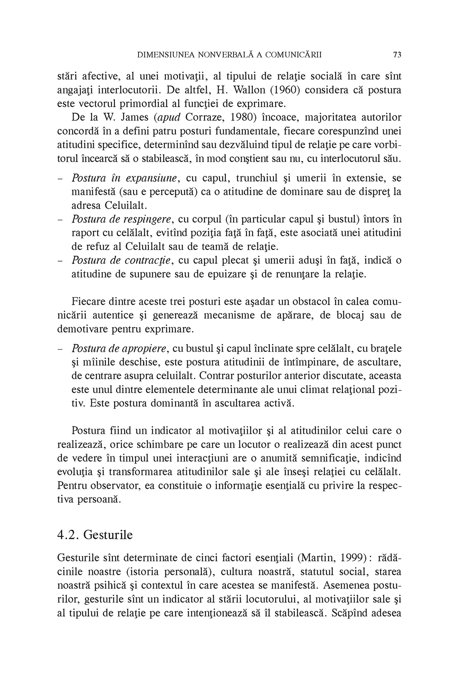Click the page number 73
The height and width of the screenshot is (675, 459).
[397, 55]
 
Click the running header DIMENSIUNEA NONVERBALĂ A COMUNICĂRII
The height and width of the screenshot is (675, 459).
[229, 55]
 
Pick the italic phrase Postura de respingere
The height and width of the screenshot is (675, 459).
[122, 219]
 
